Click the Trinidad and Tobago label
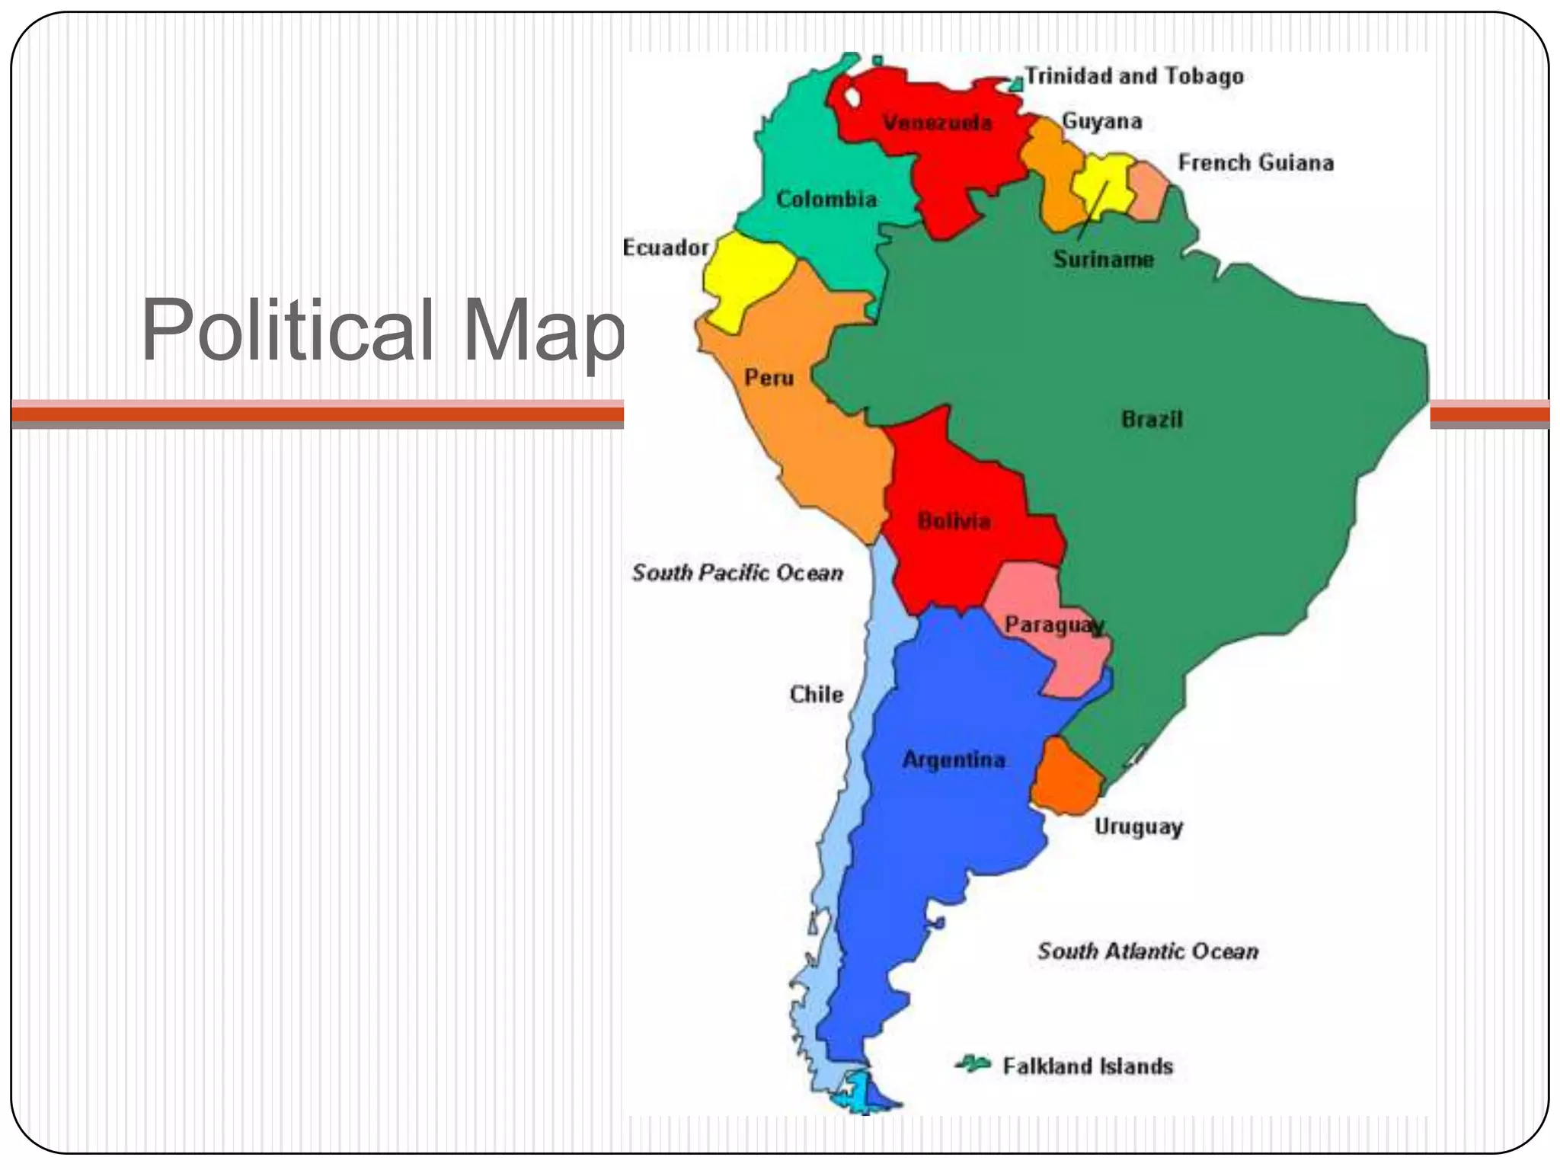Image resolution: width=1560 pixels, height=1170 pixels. [x=1133, y=76]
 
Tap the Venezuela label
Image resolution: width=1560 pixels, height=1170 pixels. [x=937, y=123]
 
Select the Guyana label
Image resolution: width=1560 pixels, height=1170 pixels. [x=1101, y=122]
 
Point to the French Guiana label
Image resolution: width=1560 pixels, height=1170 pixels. [x=1255, y=163]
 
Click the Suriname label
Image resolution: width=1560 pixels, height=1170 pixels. [x=1103, y=260]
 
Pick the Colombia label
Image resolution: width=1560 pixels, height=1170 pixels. [x=826, y=200]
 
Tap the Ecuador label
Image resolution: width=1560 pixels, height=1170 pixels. [x=666, y=248]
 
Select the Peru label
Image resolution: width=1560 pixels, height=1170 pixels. [x=769, y=378]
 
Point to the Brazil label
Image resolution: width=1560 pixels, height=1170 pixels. [x=1152, y=420]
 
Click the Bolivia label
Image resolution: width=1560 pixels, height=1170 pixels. [x=954, y=522]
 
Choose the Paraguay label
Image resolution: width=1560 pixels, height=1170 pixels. [x=1054, y=625]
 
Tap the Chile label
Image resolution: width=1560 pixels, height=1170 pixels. [x=817, y=695]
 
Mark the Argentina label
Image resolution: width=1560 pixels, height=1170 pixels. [x=954, y=760]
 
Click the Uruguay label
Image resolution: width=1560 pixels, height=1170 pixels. [x=1138, y=827]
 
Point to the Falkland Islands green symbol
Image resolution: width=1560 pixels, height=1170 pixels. [x=973, y=1063]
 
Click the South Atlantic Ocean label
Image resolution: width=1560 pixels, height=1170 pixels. [x=1147, y=951]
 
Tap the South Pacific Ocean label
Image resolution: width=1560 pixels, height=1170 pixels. [x=737, y=573]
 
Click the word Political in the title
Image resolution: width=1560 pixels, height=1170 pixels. [x=288, y=331]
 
